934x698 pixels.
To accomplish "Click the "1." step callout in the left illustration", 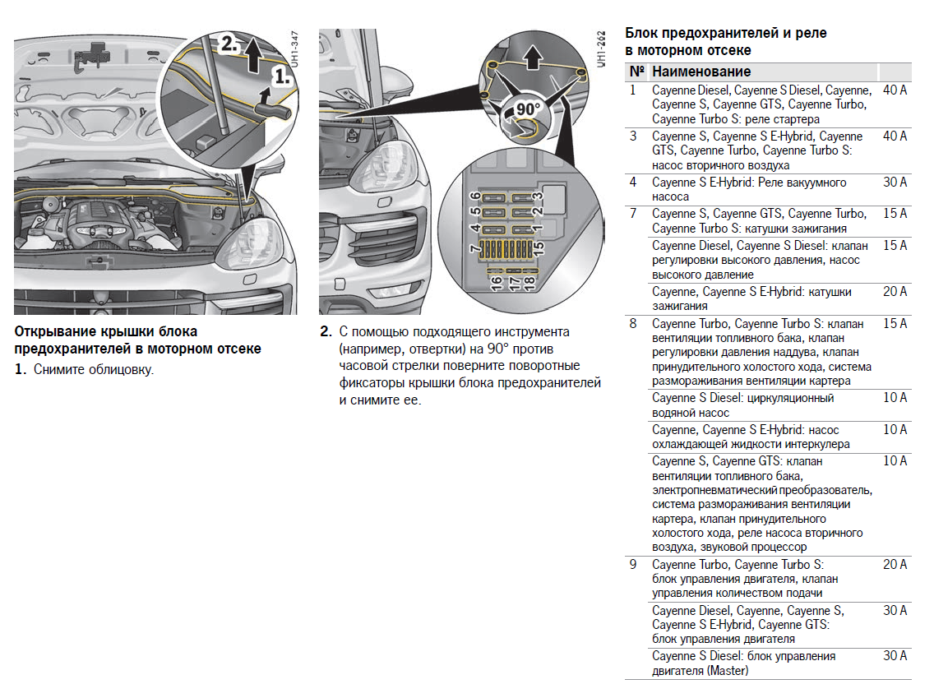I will [x=281, y=76].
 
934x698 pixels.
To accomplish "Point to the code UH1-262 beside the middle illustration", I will [x=602, y=51].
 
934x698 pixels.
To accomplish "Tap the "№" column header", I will [x=635, y=72].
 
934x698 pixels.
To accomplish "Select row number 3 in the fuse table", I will [x=633, y=136].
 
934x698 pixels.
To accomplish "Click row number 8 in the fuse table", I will [x=633, y=324].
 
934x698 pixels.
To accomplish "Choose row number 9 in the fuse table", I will [x=633, y=565].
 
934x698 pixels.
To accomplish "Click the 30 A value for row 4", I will [x=895, y=183].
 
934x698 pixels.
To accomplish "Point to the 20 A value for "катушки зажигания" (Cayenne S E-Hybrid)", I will [x=895, y=292].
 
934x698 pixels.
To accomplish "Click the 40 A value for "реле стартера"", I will [x=895, y=90].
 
